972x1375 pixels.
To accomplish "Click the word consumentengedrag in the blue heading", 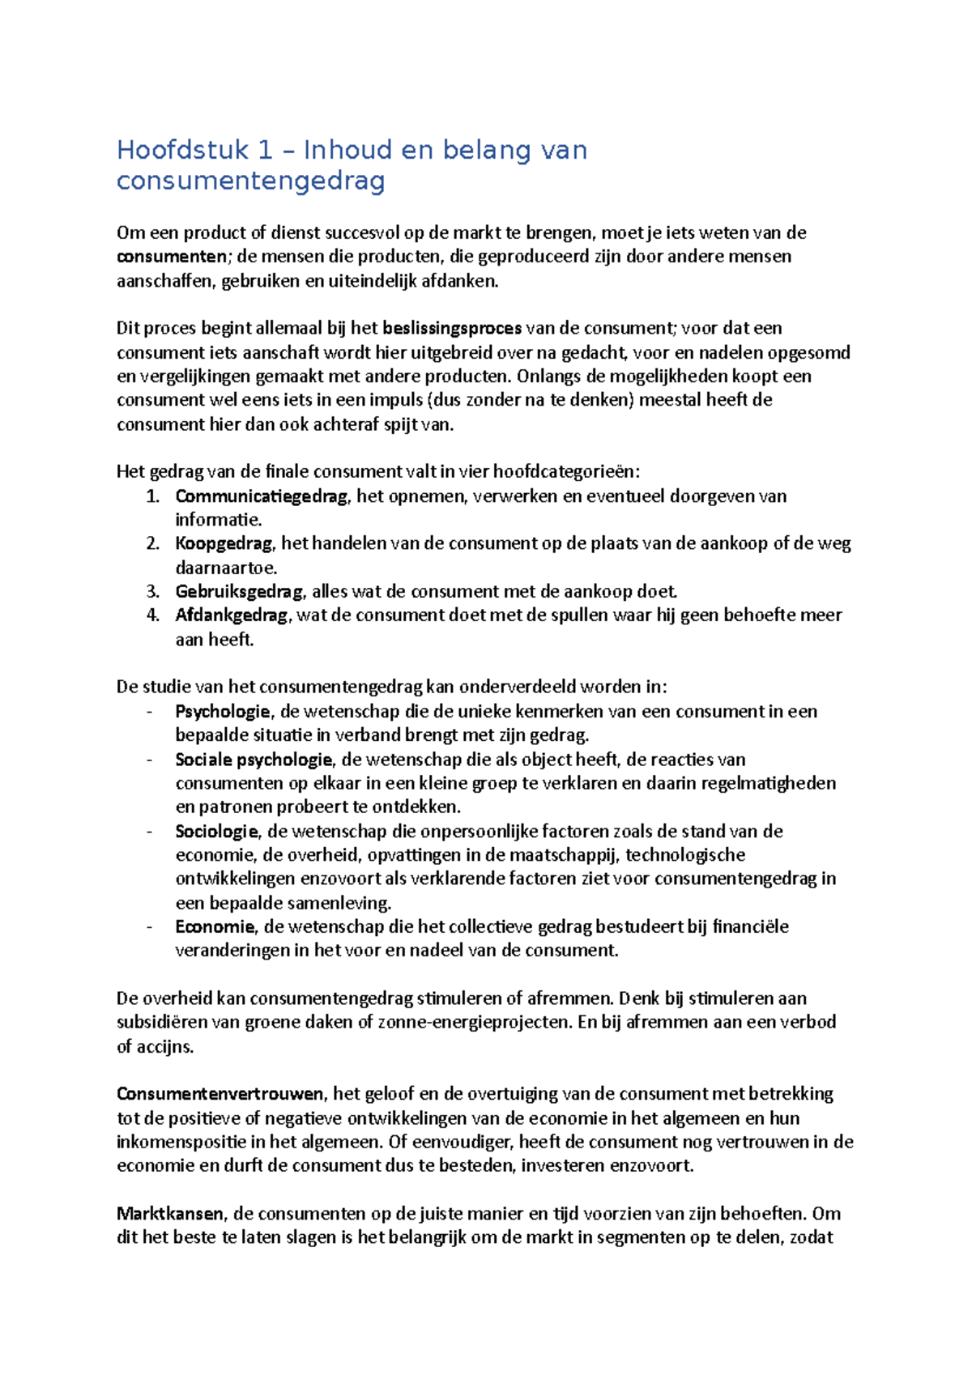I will click(x=250, y=181).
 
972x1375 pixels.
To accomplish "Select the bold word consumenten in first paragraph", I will click(x=172, y=257).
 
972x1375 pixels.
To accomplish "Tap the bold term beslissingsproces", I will click(x=452, y=329).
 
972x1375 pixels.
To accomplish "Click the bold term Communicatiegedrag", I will click(x=261, y=496).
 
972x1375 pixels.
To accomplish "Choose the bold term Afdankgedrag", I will click(x=231, y=615).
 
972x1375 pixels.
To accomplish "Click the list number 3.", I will click(x=152, y=592).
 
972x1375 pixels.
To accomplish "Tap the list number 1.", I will click(x=152, y=496).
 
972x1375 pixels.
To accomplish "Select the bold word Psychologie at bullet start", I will click(x=223, y=712).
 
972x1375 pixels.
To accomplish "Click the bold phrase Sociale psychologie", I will click(x=254, y=760).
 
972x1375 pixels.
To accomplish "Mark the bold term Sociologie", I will click(x=216, y=832).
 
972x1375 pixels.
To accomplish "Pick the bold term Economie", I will click(x=215, y=927).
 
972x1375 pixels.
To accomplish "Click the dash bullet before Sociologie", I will click(x=150, y=832).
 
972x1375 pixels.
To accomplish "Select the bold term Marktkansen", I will click(x=170, y=1214).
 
